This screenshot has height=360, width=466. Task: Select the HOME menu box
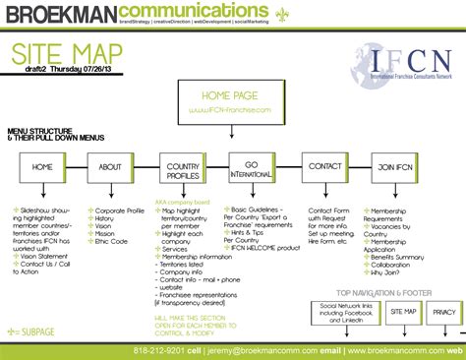tap(42, 167)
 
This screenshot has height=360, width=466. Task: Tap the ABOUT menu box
tap(110, 167)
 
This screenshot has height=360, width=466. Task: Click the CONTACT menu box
tap(324, 167)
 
